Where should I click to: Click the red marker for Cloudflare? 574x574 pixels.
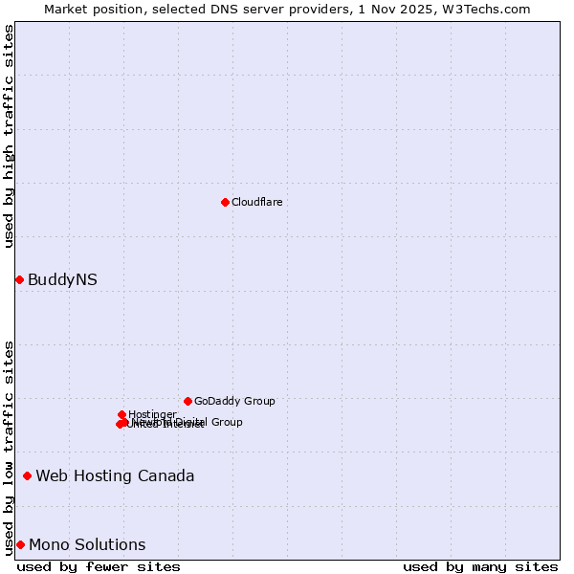[225, 202]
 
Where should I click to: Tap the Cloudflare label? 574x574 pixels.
[256, 202]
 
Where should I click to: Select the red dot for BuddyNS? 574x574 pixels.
[19, 279]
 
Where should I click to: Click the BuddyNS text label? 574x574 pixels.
[62, 279]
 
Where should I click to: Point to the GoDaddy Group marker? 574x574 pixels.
[188, 401]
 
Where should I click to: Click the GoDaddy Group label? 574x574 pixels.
[234, 401]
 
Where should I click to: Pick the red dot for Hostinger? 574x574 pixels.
[121, 414]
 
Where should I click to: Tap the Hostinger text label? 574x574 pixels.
[152, 414]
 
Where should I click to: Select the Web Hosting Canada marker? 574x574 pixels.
[27, 475]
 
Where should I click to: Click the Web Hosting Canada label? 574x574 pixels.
[115, 475]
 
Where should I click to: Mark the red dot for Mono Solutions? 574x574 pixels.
[20, 544]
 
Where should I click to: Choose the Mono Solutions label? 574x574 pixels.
[87, 544]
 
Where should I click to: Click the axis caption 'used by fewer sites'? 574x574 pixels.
[99, 566]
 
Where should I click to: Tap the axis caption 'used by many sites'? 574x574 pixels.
[480, 566]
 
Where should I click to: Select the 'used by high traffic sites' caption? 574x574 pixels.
[9, 136]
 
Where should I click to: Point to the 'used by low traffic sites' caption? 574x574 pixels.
[9, 447]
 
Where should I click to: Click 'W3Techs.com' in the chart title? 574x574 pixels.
[491, 9]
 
